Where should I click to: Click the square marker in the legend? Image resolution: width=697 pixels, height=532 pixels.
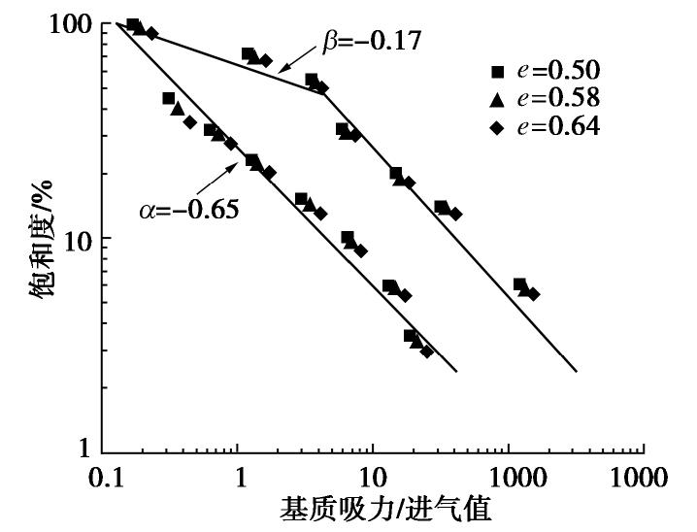pos(498,71)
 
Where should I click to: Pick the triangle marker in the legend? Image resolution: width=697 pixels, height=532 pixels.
pos(498,98)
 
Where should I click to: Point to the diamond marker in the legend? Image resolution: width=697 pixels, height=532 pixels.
pos(498,127)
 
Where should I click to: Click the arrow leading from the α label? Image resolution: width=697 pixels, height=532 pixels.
pos(219,179)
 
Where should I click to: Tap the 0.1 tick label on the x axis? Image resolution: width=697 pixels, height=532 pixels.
pos(104,479)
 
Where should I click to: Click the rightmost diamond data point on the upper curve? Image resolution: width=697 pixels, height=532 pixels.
pos(533,294)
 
